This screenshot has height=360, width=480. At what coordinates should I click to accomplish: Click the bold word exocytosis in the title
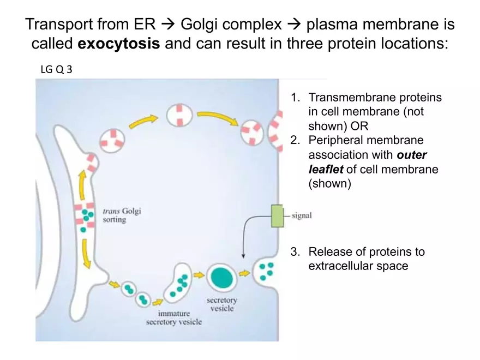click(x=119, y=44)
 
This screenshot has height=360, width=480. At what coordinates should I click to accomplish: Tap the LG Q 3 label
click(x=57, y=70)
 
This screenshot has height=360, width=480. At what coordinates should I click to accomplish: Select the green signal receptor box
click(x=278, y=215)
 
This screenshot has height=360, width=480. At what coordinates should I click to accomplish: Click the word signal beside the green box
click(x=302, y=215)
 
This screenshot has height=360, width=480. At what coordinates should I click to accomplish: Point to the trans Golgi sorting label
click(x=122, y=215)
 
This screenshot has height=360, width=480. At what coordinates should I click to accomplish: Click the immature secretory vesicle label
click(x=173, y=317)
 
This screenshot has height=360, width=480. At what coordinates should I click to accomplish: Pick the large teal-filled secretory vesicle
click(x=221, y=278)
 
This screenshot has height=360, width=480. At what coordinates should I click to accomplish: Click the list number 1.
click(x=295, y=98)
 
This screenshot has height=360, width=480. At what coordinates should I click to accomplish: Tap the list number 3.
click(x=295, y=252)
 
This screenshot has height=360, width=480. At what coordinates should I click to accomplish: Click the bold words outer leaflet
click(x=367, y=163)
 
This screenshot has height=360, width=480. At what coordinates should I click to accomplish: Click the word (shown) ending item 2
click(x=330, y=183)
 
